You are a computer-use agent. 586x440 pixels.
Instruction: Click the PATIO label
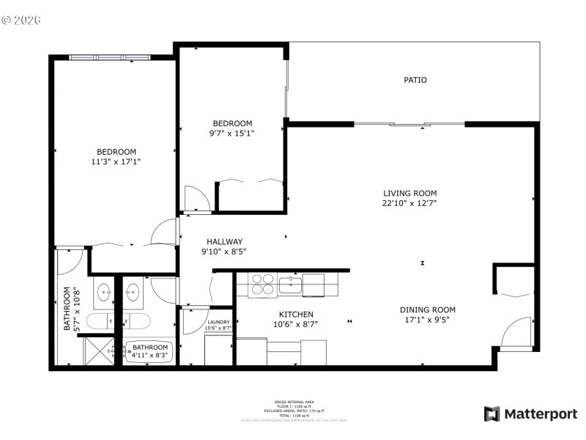click(415, 80)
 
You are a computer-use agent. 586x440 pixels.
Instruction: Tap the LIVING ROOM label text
click(409, 193)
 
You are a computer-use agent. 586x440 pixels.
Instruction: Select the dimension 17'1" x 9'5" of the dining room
click(428, 320)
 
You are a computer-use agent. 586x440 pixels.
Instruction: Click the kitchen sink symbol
click(291, 282)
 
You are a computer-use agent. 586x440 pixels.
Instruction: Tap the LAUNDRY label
click(219, 322)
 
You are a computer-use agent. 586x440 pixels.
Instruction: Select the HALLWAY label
click(224, 241)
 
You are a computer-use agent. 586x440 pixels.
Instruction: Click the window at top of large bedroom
click(110, 57)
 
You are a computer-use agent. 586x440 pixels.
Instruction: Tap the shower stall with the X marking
click(98, 350)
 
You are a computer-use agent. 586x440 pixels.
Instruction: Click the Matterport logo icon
click(492, 414)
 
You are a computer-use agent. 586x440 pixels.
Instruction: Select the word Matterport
click(541, 414)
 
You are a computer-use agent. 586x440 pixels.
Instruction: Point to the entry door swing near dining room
click(515, 331)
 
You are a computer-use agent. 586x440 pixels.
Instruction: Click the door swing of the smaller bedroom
click(196, 198)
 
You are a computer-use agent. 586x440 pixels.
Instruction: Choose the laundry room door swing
click(194, 320)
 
